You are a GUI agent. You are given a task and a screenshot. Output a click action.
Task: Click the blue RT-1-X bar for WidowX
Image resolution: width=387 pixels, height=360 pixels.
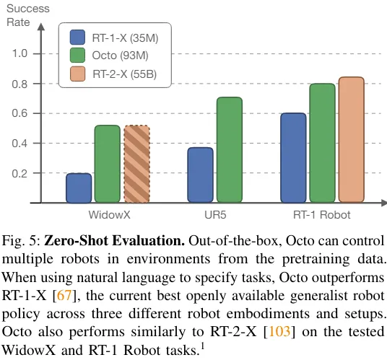tap(79, 188)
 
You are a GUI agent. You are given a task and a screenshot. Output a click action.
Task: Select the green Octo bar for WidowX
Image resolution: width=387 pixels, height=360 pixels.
tap(108, 164)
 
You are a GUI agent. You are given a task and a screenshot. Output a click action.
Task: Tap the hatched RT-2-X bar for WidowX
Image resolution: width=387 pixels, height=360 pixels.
tap(136, 164)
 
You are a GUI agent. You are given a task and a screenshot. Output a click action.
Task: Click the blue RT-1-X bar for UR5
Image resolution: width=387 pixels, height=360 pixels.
tap(200, 175)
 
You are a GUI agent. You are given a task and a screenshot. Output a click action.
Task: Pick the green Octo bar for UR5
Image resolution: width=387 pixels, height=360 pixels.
tap(229, 150)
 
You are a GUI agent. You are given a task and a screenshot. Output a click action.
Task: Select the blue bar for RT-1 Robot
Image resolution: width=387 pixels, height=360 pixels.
tap(293, 158)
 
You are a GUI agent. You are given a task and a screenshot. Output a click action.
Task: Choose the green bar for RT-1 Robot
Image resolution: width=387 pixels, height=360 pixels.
tap(322, 144)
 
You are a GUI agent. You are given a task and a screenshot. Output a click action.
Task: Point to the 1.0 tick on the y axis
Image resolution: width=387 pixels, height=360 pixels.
tap(21, 54)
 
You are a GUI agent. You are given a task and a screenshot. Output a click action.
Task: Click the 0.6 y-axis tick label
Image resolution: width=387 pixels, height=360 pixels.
tap(21, 114)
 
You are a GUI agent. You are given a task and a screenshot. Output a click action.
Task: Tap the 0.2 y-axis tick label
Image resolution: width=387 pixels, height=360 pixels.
tap(21, 174)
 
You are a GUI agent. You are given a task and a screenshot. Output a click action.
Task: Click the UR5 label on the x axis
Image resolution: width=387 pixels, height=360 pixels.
tap(214, 216)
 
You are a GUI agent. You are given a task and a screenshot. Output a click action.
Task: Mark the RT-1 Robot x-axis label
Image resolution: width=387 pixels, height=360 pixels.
tap(322, 216)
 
